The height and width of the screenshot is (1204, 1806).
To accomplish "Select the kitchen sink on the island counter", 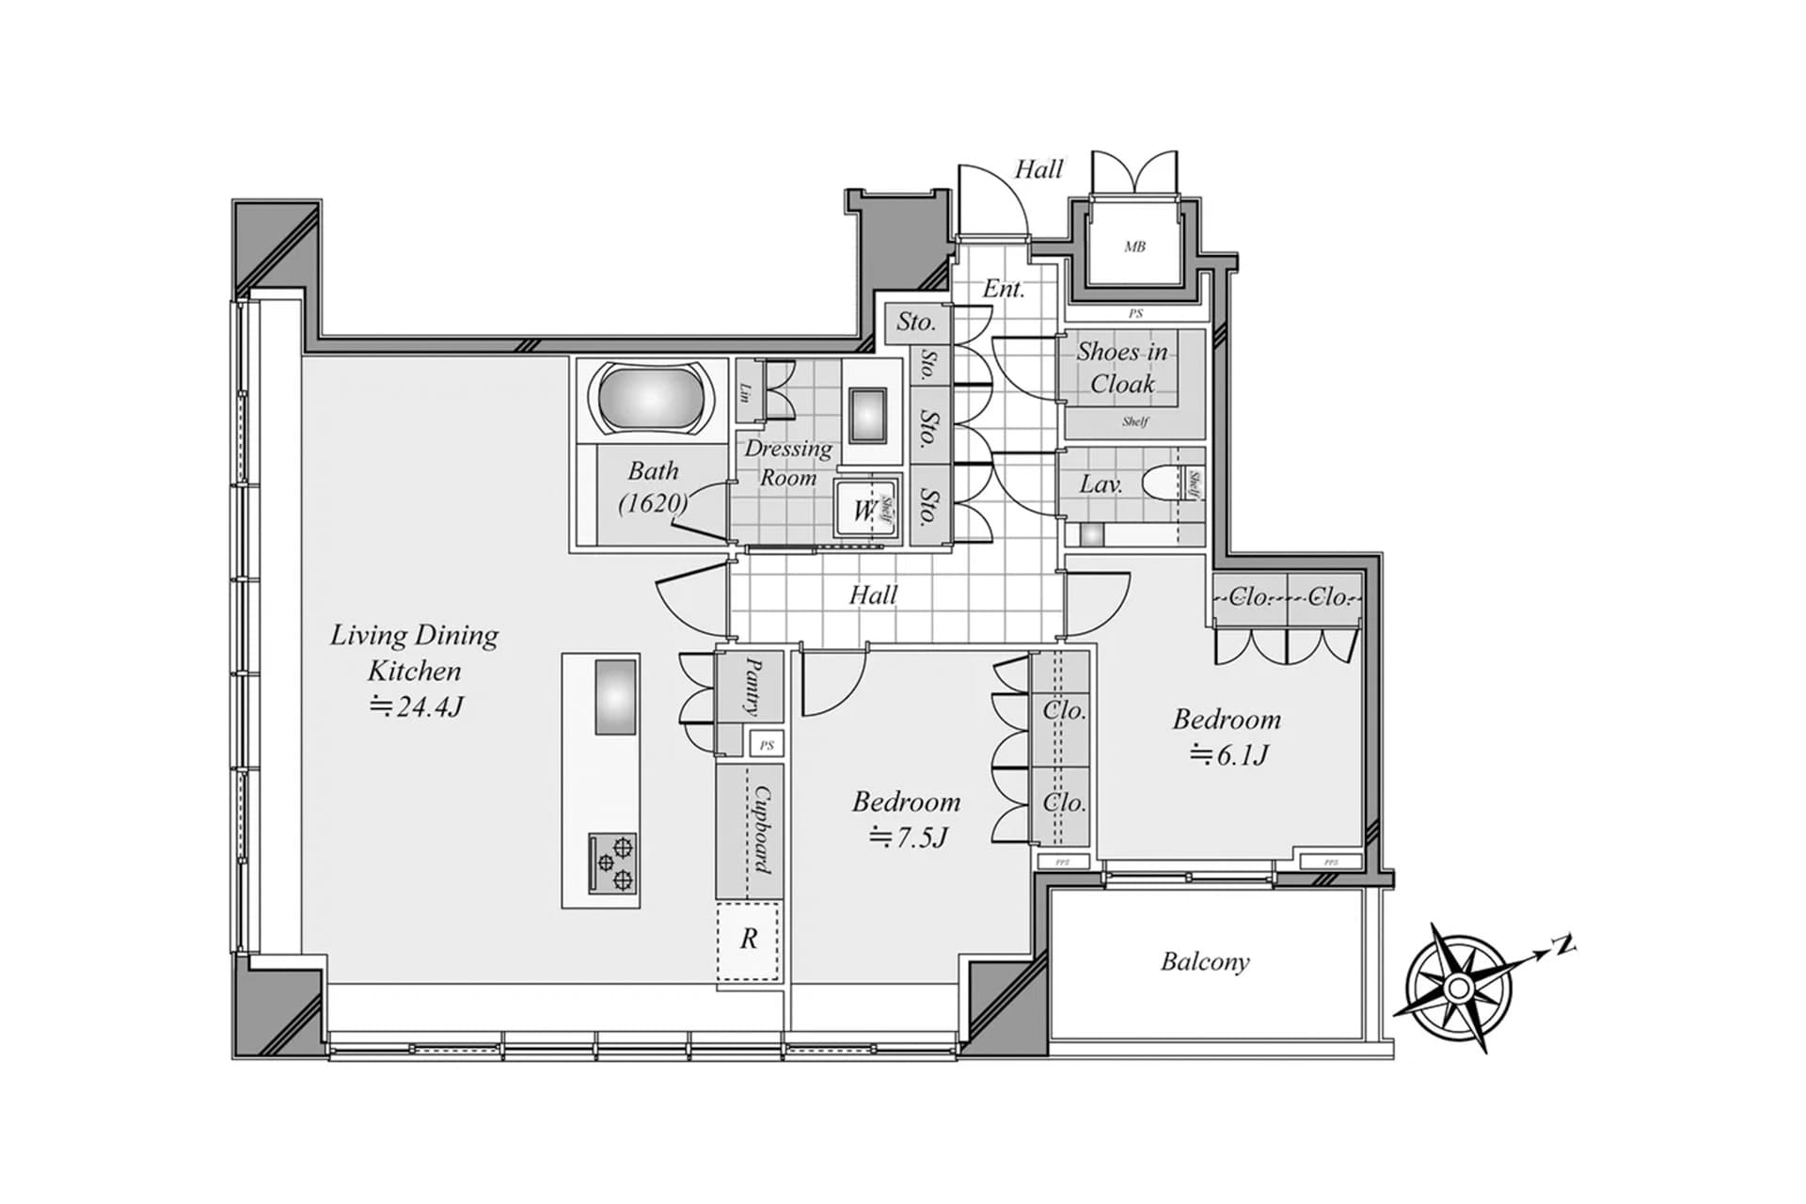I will click(x=615, y=697).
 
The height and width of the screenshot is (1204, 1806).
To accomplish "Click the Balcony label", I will click(x=1205, y=961).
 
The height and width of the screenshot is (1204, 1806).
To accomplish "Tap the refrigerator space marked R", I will click(x=749, y=939).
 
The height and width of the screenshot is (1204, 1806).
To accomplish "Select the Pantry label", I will click(x=753, y=687).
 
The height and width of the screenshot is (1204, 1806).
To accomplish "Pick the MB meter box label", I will click(x=1134, y=246).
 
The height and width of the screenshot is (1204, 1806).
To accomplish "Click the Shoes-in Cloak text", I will click(x=1122, y=367).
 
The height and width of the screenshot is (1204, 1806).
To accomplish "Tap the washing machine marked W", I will click(x=862, y=511).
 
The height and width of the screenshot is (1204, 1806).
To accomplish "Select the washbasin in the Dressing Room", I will click(x=868, y=415).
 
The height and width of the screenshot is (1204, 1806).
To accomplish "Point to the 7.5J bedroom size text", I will click(x=908, y=836).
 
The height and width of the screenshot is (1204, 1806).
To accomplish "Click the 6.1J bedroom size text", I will click(x=1228, y=754).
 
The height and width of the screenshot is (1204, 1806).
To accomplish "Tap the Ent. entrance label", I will click(x=1003, y=289).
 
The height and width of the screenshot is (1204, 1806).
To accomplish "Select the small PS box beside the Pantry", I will click(x=767, y=745).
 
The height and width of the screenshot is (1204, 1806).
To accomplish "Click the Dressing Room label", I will click(x=788, y=463).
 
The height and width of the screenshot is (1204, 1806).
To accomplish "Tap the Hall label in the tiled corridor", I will click(x=873, y=594).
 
